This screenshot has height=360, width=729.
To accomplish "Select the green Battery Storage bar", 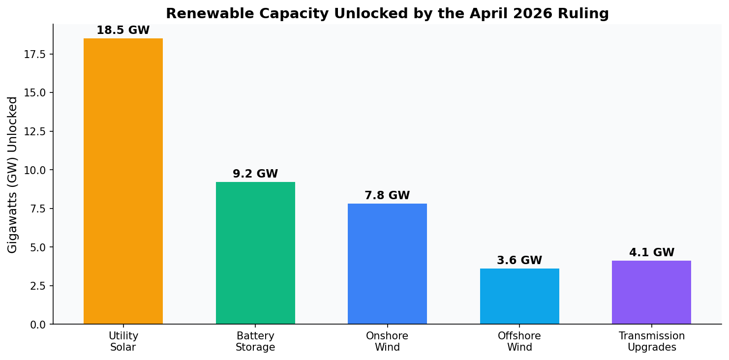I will point(255,253).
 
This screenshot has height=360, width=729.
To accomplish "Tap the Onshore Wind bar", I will point(387,264).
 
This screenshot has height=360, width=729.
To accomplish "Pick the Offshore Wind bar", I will point(519,296).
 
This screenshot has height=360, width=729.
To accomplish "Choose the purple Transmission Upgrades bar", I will point(651,292).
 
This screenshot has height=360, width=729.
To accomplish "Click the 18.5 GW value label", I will point(123,30).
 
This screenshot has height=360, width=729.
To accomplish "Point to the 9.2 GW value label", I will point(255,174).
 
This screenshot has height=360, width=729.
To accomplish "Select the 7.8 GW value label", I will point(387,196).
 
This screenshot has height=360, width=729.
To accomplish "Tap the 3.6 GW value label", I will point(519,261).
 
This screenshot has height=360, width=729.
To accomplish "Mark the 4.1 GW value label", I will point(651,253).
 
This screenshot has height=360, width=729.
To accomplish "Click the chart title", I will point(387,14).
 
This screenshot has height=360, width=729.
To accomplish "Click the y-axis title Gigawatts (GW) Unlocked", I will point(13,175).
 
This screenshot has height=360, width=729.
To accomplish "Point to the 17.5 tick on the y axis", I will point(35,54).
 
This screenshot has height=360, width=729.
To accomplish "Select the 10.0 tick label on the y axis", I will point(35,170).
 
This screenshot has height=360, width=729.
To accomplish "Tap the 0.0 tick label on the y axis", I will point(37,325).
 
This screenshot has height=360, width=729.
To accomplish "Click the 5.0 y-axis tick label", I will point(37,247).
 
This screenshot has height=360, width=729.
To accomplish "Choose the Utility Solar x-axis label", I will point(123,342).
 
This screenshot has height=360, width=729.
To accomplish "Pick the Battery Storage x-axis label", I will point(255,342).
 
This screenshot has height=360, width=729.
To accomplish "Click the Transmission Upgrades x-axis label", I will point(651,342).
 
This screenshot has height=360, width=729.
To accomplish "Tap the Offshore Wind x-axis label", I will point(519,342).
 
